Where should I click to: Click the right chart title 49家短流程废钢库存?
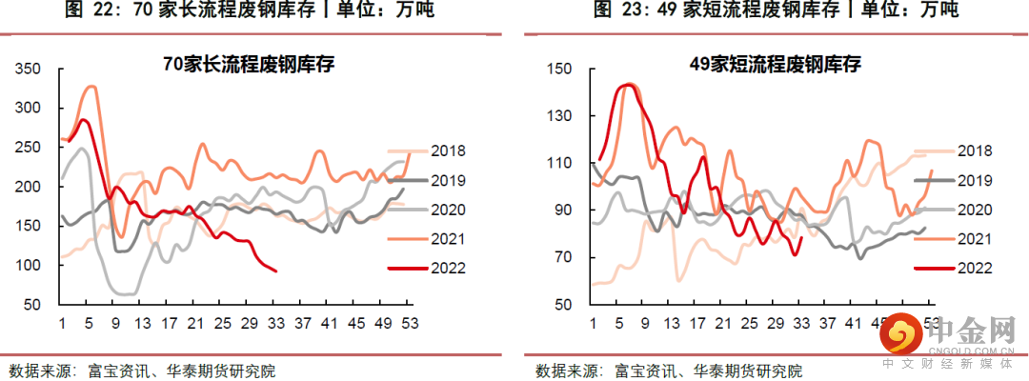click(x=775, y=65)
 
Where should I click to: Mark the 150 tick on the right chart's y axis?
click(x=557, y=70)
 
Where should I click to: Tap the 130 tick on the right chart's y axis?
click(x=557, y=116)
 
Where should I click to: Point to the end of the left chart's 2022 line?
click(x=276, y=271)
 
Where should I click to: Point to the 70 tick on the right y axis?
click(x=561, y=257)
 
